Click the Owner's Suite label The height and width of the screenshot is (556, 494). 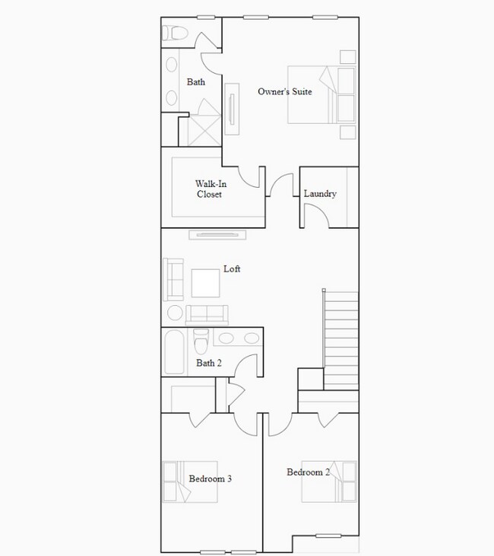(x=285, y=92)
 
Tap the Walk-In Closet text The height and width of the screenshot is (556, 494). (x=210, y=189)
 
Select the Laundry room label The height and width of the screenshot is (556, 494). (x=320, y=194)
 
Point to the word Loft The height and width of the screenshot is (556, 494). (x=232, y=269)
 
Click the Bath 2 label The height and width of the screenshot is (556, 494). (x=209, y=364)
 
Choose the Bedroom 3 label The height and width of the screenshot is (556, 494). (x=210, y=479)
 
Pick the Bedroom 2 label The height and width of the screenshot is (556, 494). (x=308, y=472)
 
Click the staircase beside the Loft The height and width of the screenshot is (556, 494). (x=341, y=339)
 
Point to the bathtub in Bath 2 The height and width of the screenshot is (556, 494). (x=174, y=351)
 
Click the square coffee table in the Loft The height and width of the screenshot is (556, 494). (x=205, y=283)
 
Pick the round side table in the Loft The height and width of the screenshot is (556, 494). (x=175, y=313)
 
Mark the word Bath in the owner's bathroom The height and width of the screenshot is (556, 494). (x=196, y=82)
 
